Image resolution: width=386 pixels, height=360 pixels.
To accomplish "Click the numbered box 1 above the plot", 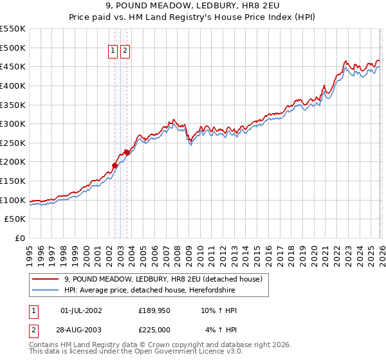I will pos(113,51).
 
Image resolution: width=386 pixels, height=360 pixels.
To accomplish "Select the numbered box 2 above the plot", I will pos(125,51).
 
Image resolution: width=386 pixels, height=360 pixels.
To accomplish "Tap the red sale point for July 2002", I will pos(115,165).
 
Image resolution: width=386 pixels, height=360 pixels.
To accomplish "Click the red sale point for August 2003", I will pos(127,152).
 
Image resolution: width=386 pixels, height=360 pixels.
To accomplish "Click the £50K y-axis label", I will pos(15,219).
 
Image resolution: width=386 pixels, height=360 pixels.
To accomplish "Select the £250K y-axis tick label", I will pos(13,143).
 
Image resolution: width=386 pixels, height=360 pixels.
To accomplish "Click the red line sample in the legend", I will pos(45,280).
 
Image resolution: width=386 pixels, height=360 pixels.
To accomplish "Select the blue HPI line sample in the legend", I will pos(45,291).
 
